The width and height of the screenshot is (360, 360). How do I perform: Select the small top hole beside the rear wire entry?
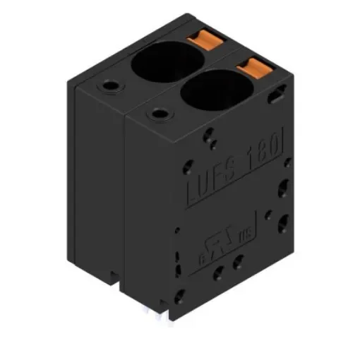click(x=110, y=86)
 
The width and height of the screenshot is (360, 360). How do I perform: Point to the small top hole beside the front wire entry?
click(x=156, y=112)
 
